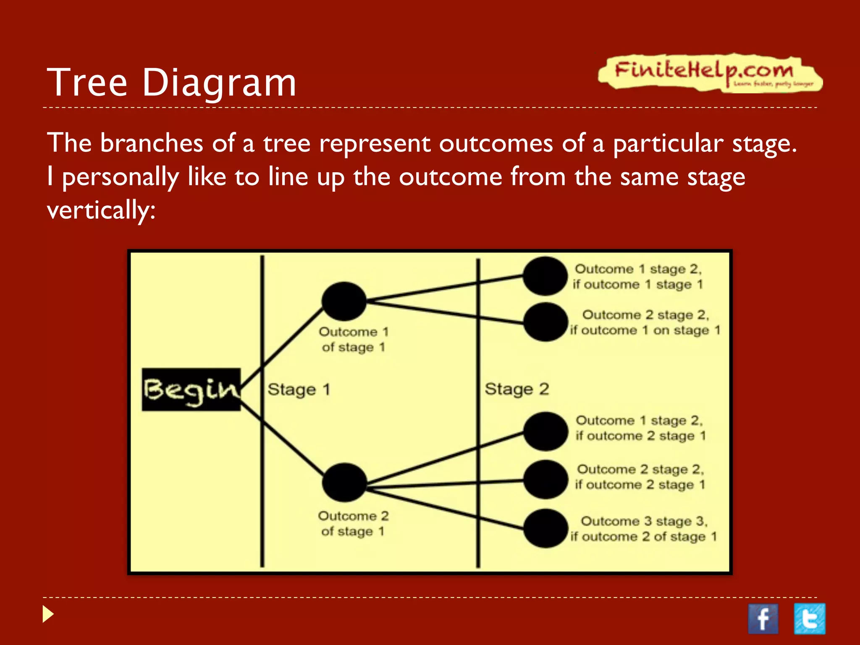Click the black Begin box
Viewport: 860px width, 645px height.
pos(191,389)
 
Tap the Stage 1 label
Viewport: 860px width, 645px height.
pos(299,389)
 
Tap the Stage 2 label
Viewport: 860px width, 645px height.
pos(517,389)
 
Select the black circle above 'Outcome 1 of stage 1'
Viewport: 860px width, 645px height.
pos(344,301)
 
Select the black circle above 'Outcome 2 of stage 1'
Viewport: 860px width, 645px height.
pos(345,482)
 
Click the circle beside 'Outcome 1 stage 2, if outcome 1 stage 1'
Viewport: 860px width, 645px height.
pos(545,276)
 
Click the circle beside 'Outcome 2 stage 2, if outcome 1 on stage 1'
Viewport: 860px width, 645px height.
pos(545,322)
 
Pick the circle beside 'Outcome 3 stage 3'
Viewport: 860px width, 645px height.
pos(545,528)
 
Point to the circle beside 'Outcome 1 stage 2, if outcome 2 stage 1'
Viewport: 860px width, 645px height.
pos(545,431)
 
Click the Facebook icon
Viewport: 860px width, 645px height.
pos(763,619)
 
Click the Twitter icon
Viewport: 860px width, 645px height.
pos(809,619)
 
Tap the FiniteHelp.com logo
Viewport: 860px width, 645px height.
pos(709,72)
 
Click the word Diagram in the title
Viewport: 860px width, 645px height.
pos(219,83)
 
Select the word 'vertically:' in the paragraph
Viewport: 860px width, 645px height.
pos(101,210)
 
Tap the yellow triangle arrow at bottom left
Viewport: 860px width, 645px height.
pos(48,614)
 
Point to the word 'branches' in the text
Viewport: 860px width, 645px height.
pos(151,143)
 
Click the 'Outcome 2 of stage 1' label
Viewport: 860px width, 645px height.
pos(353,523)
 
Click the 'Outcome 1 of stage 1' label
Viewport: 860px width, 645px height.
pos(353,339)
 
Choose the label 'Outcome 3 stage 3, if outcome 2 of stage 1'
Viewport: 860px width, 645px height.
pos(643,529)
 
